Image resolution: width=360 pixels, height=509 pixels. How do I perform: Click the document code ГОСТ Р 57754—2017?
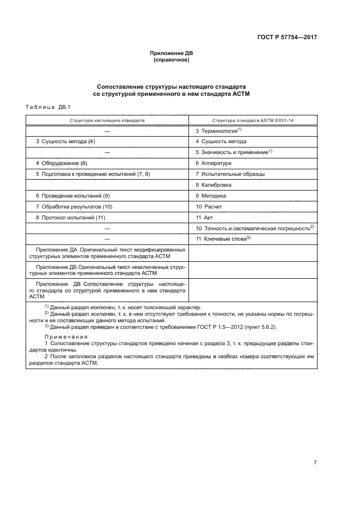pos(287,38)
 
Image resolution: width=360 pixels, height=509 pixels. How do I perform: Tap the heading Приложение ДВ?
pos(172,53)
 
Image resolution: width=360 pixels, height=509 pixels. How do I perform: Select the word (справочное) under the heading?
pos(172,60)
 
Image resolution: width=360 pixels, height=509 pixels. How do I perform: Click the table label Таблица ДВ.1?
pos(48,107)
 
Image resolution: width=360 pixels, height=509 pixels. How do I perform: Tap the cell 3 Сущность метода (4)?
pos(65,142)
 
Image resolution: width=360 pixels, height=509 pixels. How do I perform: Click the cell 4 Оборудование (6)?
pos(62,163)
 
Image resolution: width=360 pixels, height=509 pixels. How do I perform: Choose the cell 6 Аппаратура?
pos(213,163)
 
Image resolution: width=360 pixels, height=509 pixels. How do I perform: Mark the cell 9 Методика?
pos(210,196)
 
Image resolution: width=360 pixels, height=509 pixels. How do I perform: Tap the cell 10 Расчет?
pos(209,207)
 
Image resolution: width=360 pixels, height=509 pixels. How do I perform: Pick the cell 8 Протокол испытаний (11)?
pos(70,218)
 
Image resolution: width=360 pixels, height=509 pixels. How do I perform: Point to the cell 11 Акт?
pos(204,218)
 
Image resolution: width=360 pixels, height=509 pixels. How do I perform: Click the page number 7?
pos(315,447)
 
